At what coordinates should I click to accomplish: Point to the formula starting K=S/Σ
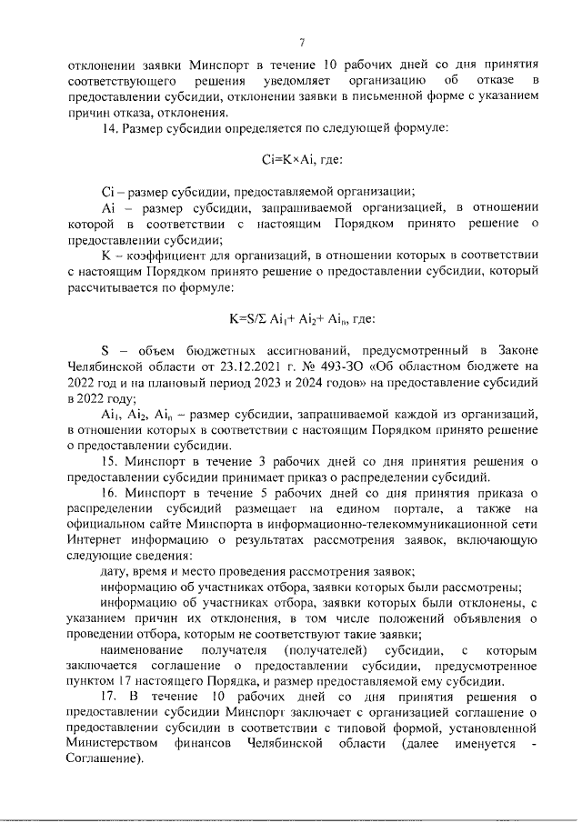pos(294,319)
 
